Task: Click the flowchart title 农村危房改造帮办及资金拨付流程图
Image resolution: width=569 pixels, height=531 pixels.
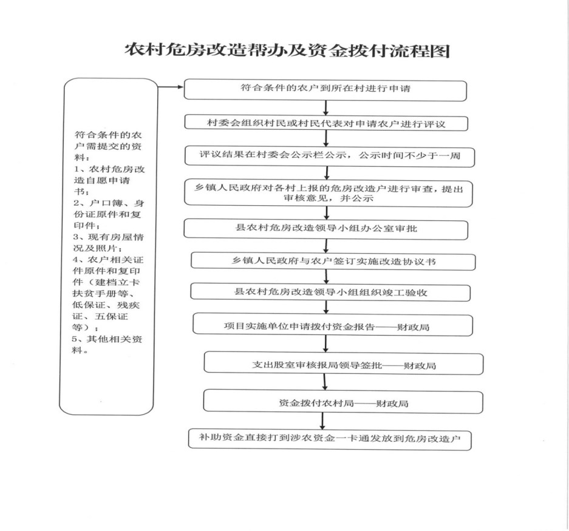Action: pyautogui.click(x=287, y=50)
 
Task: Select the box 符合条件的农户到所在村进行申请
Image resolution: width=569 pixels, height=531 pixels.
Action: pyautogui.click(x=325, y=90)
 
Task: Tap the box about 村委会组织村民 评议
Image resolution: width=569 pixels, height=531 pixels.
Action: pyautogui.click(x=326, y=123)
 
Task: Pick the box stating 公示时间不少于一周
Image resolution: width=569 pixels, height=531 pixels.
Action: pyautogui.click(x=329, y=157)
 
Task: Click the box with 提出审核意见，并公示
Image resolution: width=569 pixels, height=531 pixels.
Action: pyautogui.click(x=328, y=193)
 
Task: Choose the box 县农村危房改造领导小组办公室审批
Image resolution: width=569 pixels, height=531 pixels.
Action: pyautogui.click(x=325, y=229)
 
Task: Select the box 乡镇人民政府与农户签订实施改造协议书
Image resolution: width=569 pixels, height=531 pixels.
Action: pyautogui.click(x=333, y=261)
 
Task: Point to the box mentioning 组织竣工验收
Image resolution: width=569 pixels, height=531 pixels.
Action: pyautogui.click(x=330, y=293)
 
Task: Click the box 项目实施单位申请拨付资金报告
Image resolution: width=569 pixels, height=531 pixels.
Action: pyautogui.click(x=332, y=325)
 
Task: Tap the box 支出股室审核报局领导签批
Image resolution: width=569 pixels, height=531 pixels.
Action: pyautogui.click(x=343, y=364)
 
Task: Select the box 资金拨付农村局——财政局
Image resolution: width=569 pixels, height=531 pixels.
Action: pyautogui.click(x=343, y=402)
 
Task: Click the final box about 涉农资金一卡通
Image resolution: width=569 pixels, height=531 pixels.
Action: pyautogui.click(x=330, y=439)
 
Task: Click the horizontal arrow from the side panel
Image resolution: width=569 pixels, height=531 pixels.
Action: pyautogui.click(x=171, y=87)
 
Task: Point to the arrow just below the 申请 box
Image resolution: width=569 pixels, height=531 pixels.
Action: pyautogui.click(x=326, y=108)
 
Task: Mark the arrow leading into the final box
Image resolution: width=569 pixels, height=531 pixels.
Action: pyautogui.click(x=322, y=422)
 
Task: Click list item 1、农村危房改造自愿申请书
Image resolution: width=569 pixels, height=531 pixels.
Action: pyautogui.click(x=109, y=180)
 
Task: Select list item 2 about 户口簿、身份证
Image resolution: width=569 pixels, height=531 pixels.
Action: pyautogui.click(x=109, y=214)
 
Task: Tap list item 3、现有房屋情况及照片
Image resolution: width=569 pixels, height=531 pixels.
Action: pyautogui.click(x=108, y=242)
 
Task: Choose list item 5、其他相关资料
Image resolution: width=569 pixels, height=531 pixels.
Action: pyautogui.click(x=107, y=344)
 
